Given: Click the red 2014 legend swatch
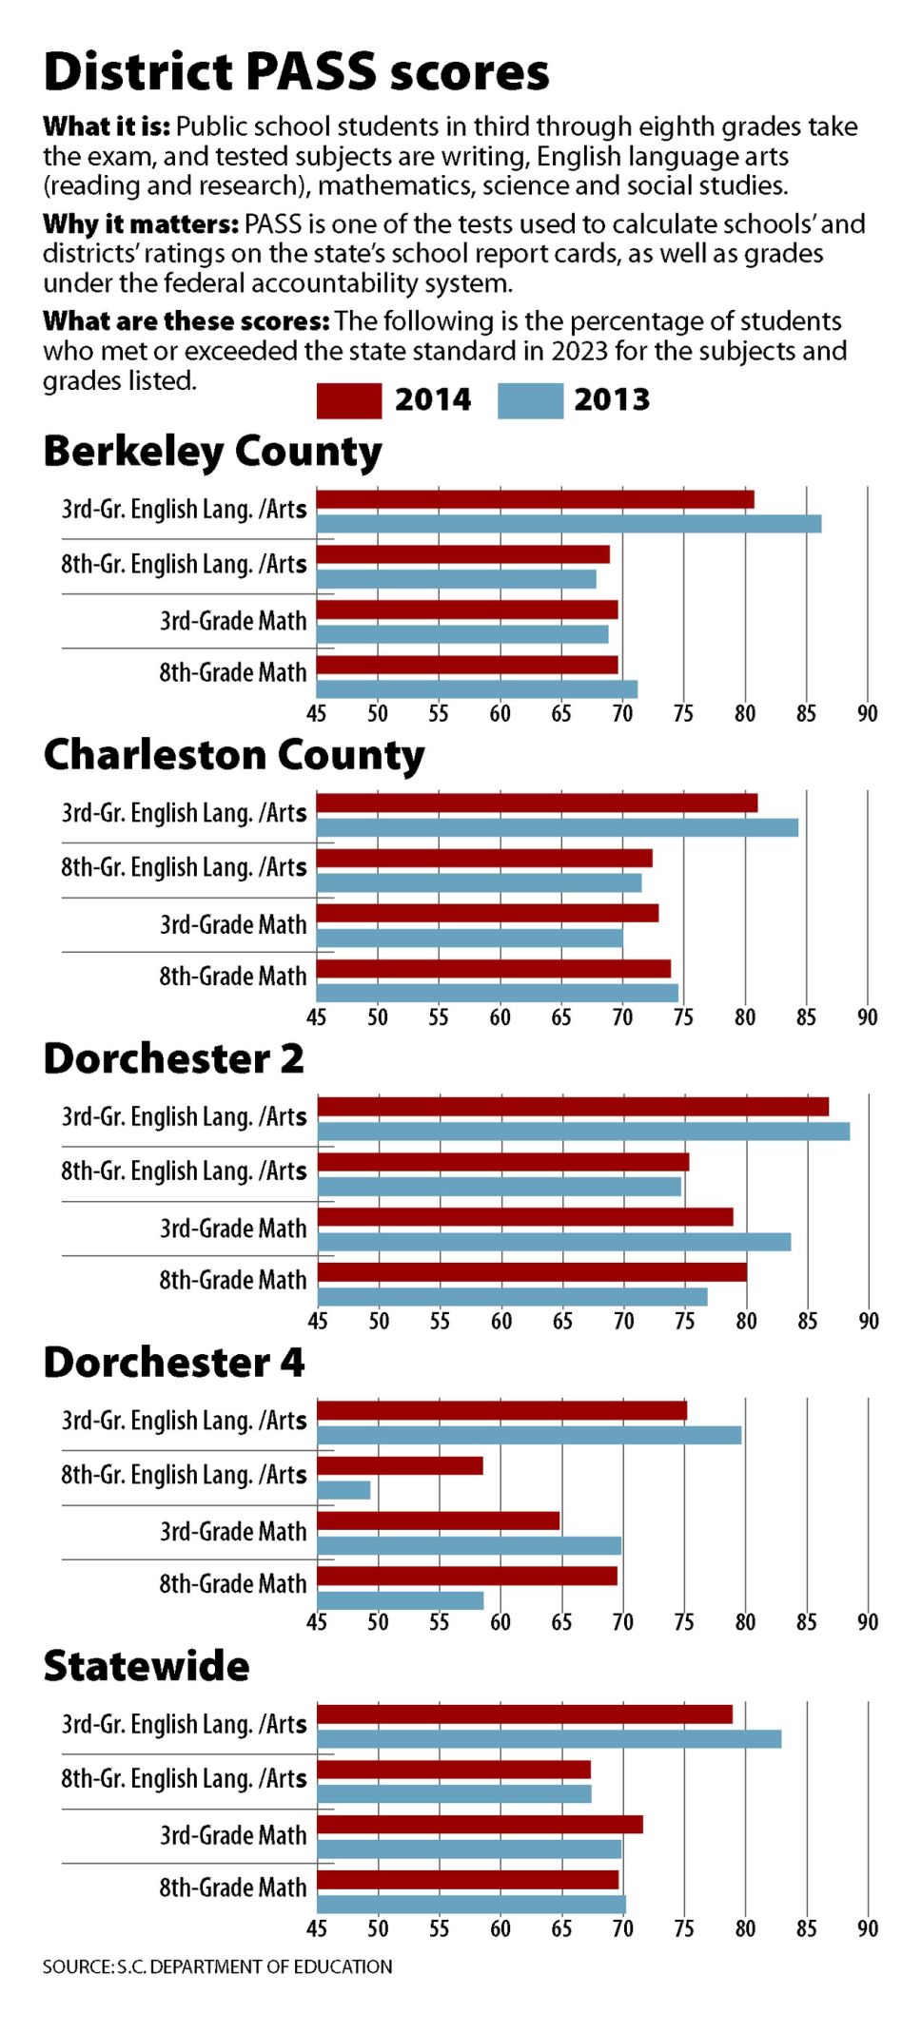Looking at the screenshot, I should pyautogui.click(x=348, y=400).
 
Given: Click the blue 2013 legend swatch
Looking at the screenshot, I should pyautogui.click(x=530, y=400).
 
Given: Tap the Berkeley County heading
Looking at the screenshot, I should pyautogui.click(x=212, y=452).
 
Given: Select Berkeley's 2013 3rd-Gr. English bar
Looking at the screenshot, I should pyautogui.click(x=568, y=524).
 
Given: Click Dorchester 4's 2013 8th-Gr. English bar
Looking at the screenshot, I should pyautogui.click(x=343, y=1490).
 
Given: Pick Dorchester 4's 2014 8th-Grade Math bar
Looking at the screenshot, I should pyautogui.click(x=466, y=1577).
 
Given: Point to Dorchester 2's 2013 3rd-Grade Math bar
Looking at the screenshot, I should pyautogui.click(x=554, y=1242).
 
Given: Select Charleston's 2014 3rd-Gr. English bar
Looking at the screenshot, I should pyautogui.click(x=537, y=804).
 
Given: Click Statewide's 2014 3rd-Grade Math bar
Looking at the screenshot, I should pyautogui.click(x=480, y=1825).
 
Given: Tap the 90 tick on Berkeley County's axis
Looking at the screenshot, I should pyautogui.click(x=867, y=713).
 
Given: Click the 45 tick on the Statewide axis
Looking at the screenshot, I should pyautogui.click(x=317, y=1928).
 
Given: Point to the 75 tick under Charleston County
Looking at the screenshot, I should pyautogui.click(x=683, y=1017).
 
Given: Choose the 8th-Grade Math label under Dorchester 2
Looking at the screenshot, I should pyautogui.click(x=232, y=1280).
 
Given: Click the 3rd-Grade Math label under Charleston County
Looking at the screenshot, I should pyautogui.click(x=232, y=924).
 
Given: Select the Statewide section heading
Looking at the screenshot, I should pyautogui.click(x=147, y=1667).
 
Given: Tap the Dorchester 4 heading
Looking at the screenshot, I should pyautogui.click(x=173, y=1363).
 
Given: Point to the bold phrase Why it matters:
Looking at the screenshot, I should pyautogui.click(x=140, y=224).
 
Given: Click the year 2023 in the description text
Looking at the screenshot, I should pyautogui.click(x=579, y=351).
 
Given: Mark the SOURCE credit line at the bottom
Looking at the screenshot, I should pyautogui.click(x=217, y=1966).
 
